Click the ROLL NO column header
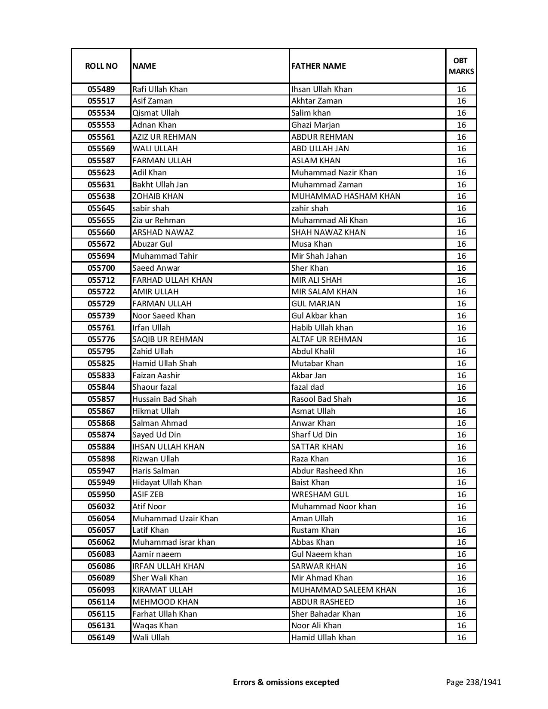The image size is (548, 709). pos(101,66)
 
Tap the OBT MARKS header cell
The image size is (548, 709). pos(461,66)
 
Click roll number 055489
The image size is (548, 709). pos(101,89)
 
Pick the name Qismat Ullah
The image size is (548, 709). pos(156,113)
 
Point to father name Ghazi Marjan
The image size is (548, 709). pos(315,125)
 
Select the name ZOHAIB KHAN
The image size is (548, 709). pos(158,196)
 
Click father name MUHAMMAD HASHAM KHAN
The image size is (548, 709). pos(346,196)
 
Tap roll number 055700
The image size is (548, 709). pos(101,268)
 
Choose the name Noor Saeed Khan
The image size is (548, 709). pos(164,316)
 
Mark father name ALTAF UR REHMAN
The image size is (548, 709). pos(327,339)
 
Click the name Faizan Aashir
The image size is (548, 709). pos(156,376)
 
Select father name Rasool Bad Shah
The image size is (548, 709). pos(321,399)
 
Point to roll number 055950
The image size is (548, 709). pos(101,495)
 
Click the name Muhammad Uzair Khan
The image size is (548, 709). pos(175,519)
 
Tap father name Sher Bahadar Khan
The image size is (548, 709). pos(326,614)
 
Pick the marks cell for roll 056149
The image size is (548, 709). pos(461,638)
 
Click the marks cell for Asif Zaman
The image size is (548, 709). pos(461,101)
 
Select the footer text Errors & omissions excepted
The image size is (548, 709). pos(286,682)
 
